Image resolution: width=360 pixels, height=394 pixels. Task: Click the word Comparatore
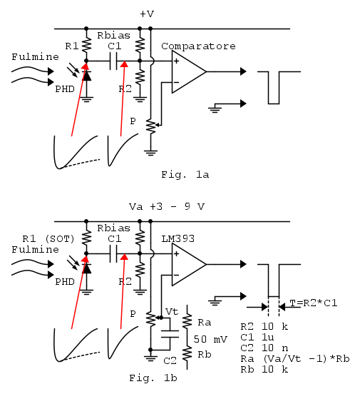click(x=198, y=46)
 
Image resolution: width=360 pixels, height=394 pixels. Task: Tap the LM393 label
click(x=178, y=238)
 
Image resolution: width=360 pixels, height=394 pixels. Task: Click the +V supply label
click(x=147, y=14)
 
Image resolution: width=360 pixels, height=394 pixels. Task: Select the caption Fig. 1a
click(x=185, y=175)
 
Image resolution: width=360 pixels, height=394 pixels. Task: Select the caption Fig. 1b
click(x=153, y=378)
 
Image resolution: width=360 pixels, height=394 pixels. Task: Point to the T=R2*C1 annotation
click(x=313, y=303)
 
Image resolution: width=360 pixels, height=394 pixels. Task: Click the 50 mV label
click(x=210, y=339)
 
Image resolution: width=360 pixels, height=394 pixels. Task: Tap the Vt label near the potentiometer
click(x=172, y=312)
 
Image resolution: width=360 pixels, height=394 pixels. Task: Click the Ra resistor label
click(x=205, y=323)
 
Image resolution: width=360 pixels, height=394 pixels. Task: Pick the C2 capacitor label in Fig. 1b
click(x=170, y=361)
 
